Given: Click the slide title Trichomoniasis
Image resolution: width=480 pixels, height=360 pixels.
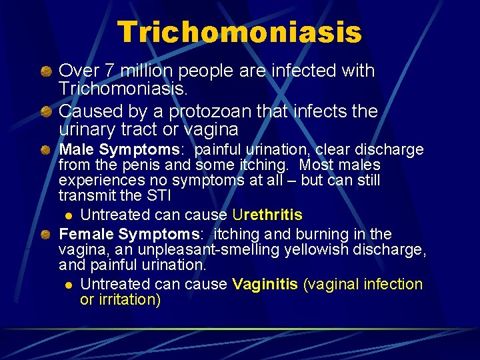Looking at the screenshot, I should coord(239,32).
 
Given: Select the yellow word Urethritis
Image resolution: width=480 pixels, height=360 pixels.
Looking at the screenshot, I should coord(267,215).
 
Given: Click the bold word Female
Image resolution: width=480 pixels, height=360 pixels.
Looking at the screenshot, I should coord(87,235).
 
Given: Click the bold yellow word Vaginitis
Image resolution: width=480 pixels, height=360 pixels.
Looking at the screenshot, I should coord(265,284).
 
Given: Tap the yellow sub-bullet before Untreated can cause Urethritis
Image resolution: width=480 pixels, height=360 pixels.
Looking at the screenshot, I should coord(68,215).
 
